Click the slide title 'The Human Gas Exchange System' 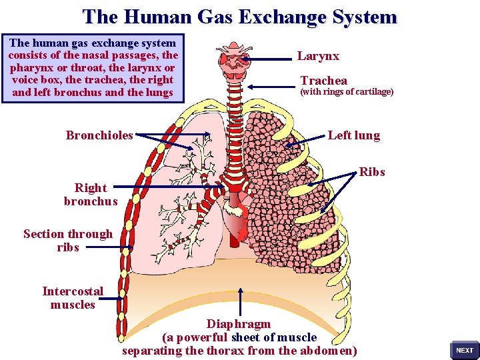(x=239, y=17)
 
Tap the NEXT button (x=464, y=350)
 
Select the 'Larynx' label (x=318, y=57)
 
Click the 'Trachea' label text (x=323, y=81)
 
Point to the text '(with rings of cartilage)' (x=347, y=92)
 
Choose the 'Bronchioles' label (x=99, y=135)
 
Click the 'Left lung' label (x=353, y=135)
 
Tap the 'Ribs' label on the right (x=372, y=172)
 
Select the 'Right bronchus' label (x=91, y=195)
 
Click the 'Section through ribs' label (x=68, y=240)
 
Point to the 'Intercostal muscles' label (x=73, y=298)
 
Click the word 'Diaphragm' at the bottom (x=239, y=324)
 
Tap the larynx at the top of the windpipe (x=233, y=60)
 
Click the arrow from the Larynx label (x=267, y=59)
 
